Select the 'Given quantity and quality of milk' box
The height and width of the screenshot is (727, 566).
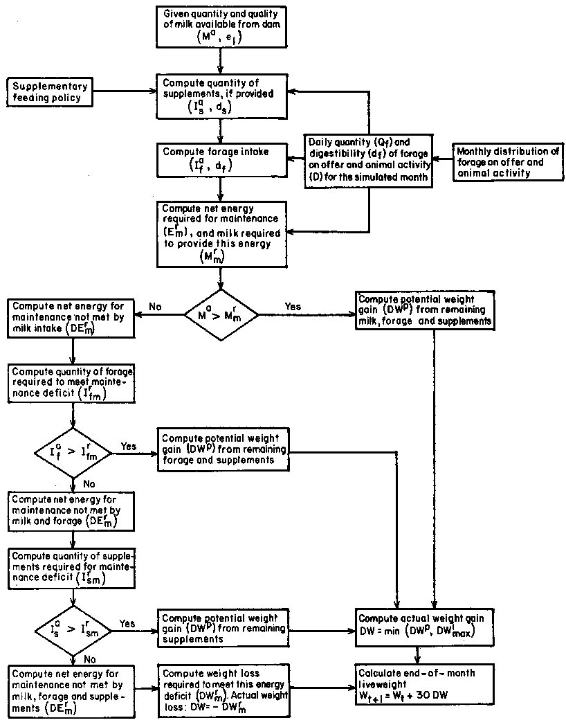(x=219, y=26)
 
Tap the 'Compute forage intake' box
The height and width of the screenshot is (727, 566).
(x=219, y=158)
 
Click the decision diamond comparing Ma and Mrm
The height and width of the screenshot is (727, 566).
(x=221, y=316)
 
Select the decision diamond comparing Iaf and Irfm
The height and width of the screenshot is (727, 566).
(x=73, y=453)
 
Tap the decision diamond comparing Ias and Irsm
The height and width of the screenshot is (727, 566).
(x=73, y=631)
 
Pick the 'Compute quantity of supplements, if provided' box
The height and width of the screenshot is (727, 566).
(x=219, y=98)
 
